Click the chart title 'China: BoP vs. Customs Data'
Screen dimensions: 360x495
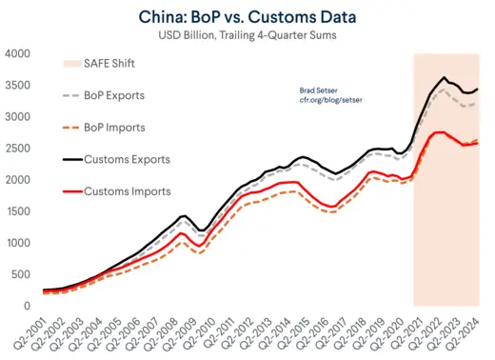247,16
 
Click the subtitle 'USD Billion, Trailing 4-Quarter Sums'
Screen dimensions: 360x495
247,35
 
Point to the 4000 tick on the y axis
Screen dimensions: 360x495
18,53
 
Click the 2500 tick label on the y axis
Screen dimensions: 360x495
18,148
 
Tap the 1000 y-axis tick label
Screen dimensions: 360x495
18,243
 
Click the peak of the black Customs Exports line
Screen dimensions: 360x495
444,77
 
